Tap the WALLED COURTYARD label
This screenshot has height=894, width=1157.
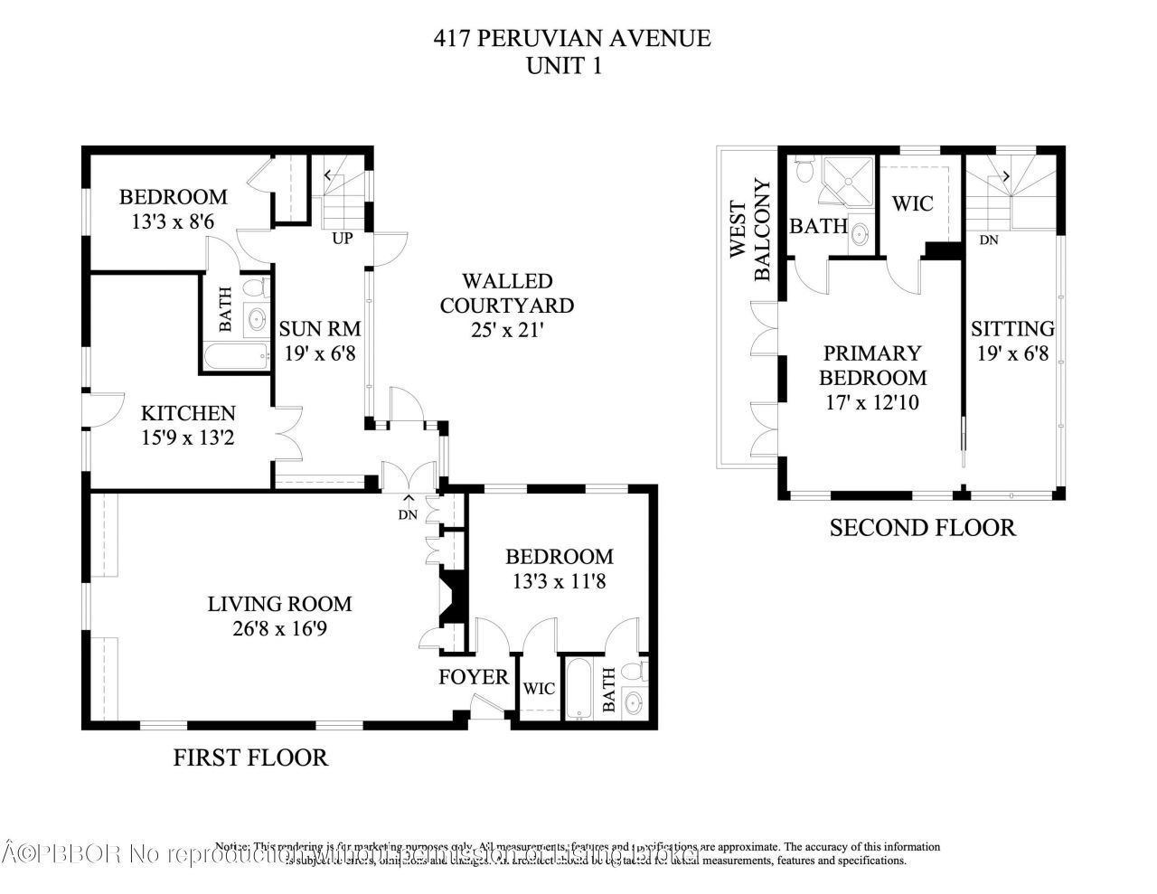click(506, 294)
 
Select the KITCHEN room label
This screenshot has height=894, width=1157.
click(188, 413)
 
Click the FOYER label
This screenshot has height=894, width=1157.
click(474, 677)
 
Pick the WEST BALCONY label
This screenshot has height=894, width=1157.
click(752, 231)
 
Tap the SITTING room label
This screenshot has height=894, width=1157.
click(1012, 329)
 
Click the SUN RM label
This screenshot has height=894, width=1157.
click(319, 328)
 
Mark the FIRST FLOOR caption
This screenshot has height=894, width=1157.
click(250, 758)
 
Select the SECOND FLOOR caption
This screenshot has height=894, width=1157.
click(922, 527)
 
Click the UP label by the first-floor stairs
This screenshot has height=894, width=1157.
click(343, 239)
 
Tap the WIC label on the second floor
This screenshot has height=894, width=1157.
click(912, 203)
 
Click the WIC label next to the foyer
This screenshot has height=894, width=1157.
click(540, 689)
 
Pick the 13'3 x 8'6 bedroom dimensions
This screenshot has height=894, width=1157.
click(174, 220)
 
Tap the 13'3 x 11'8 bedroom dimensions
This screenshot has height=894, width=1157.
click(559, 581)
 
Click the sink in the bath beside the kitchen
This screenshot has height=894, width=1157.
click(257, 318)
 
